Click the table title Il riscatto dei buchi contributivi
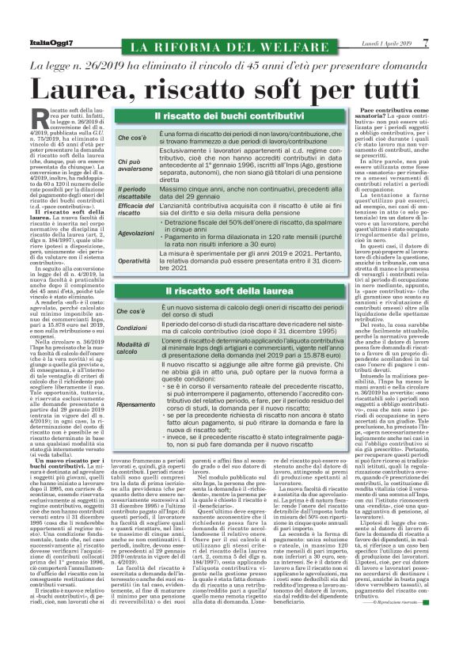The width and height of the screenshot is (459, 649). click(217, 117)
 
